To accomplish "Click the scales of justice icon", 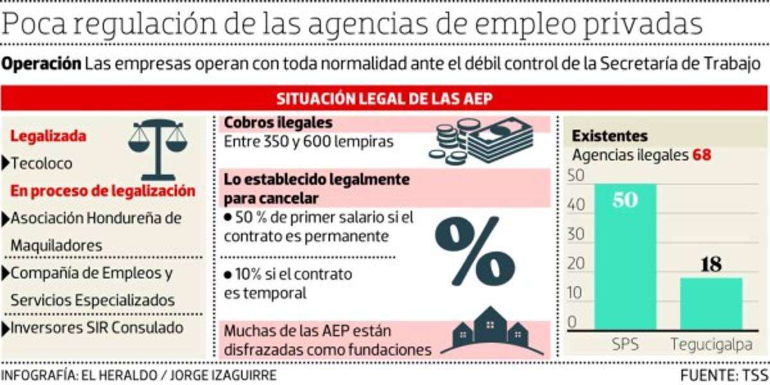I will click(157, 148).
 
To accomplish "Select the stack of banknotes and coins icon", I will click(481, 142).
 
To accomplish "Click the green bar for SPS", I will click(625, 257).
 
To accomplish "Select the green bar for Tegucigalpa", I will click(711, 303).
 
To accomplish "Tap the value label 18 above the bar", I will click(711, 264).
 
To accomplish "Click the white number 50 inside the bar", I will click(625, 200).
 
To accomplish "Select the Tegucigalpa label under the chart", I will click(711, 345).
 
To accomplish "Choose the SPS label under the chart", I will click(625, 345).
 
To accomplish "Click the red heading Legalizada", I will click(48, 136).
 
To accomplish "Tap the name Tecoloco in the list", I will click(42, 163).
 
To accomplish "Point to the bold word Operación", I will click(42, 64).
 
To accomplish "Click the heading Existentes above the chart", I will click(610, 136).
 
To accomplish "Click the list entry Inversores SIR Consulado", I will click(96, 327).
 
